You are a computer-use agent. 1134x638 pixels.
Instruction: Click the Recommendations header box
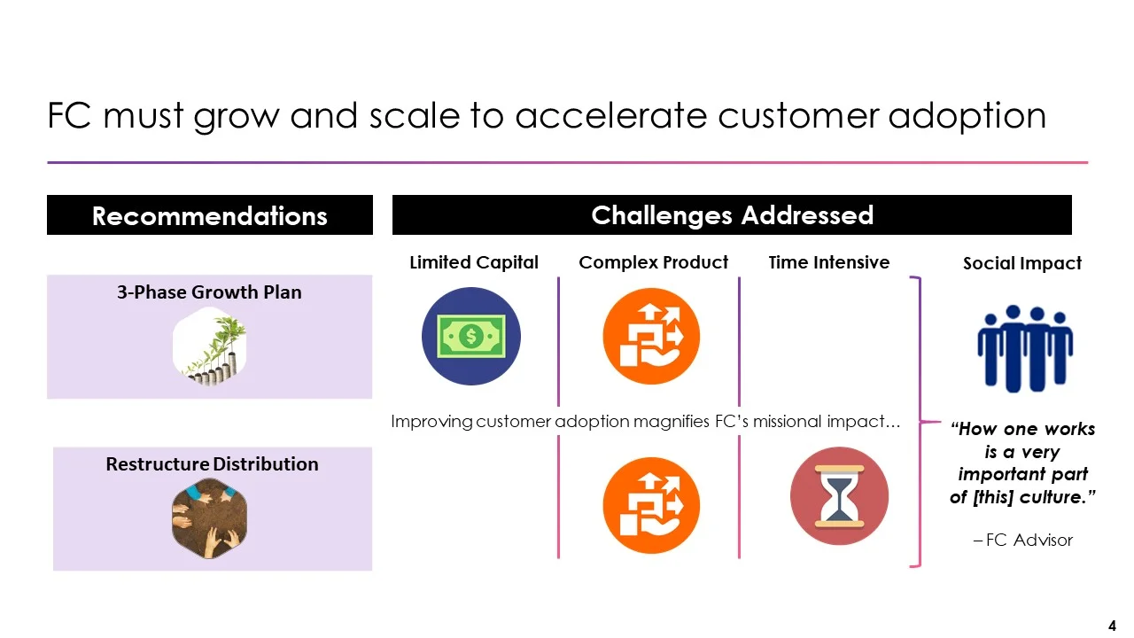click(209, 215)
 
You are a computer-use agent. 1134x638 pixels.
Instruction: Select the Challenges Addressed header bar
click(732, 215)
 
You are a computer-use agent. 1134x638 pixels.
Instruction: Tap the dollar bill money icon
click(471, 337)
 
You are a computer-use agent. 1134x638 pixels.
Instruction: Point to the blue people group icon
click(1024, 348)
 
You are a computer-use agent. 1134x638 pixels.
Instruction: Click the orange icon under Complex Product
click(651, 337)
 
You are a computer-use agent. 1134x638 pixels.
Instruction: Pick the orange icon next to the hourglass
click(651, 505)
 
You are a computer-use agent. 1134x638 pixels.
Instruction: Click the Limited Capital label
click(474, 262)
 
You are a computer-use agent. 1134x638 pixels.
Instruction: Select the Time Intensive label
click(828, 262)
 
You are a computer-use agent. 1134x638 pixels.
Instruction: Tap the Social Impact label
click(1022, 263)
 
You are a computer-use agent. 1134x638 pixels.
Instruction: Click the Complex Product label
click(653, 262)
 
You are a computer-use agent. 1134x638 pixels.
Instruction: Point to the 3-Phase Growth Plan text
click(209, 292)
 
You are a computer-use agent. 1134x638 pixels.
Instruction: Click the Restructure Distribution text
click(212, 464)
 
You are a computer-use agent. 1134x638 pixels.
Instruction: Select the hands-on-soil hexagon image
click(210, 518)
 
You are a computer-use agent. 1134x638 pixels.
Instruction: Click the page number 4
click(1112, 626)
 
